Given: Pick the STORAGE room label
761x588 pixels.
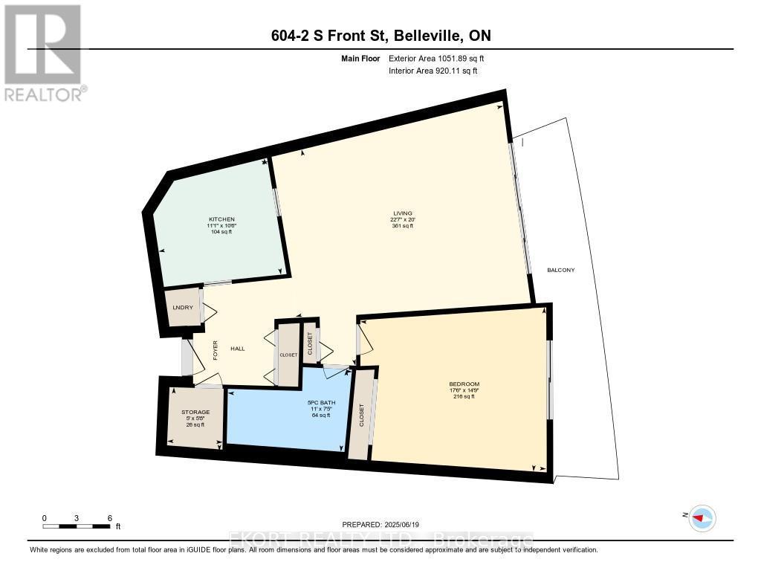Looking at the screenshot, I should (195, 412).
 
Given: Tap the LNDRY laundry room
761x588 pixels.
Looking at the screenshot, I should (183, 308).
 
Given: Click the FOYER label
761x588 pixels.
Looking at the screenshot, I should (216, 349).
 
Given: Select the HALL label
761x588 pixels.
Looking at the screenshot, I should (237, 349).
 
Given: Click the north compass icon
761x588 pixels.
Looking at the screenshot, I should (702, 517).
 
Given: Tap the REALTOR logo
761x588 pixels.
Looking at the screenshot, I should (44, 52).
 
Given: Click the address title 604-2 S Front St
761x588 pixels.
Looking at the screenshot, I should (380, 36).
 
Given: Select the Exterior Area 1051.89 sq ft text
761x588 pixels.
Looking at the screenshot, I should (436, 58).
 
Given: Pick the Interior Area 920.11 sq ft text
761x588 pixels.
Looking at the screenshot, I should (433, 71).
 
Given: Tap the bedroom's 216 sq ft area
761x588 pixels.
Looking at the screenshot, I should (463, 396).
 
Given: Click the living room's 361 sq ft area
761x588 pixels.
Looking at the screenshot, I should (401, 226).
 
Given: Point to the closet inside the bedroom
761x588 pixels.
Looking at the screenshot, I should (362, 414).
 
